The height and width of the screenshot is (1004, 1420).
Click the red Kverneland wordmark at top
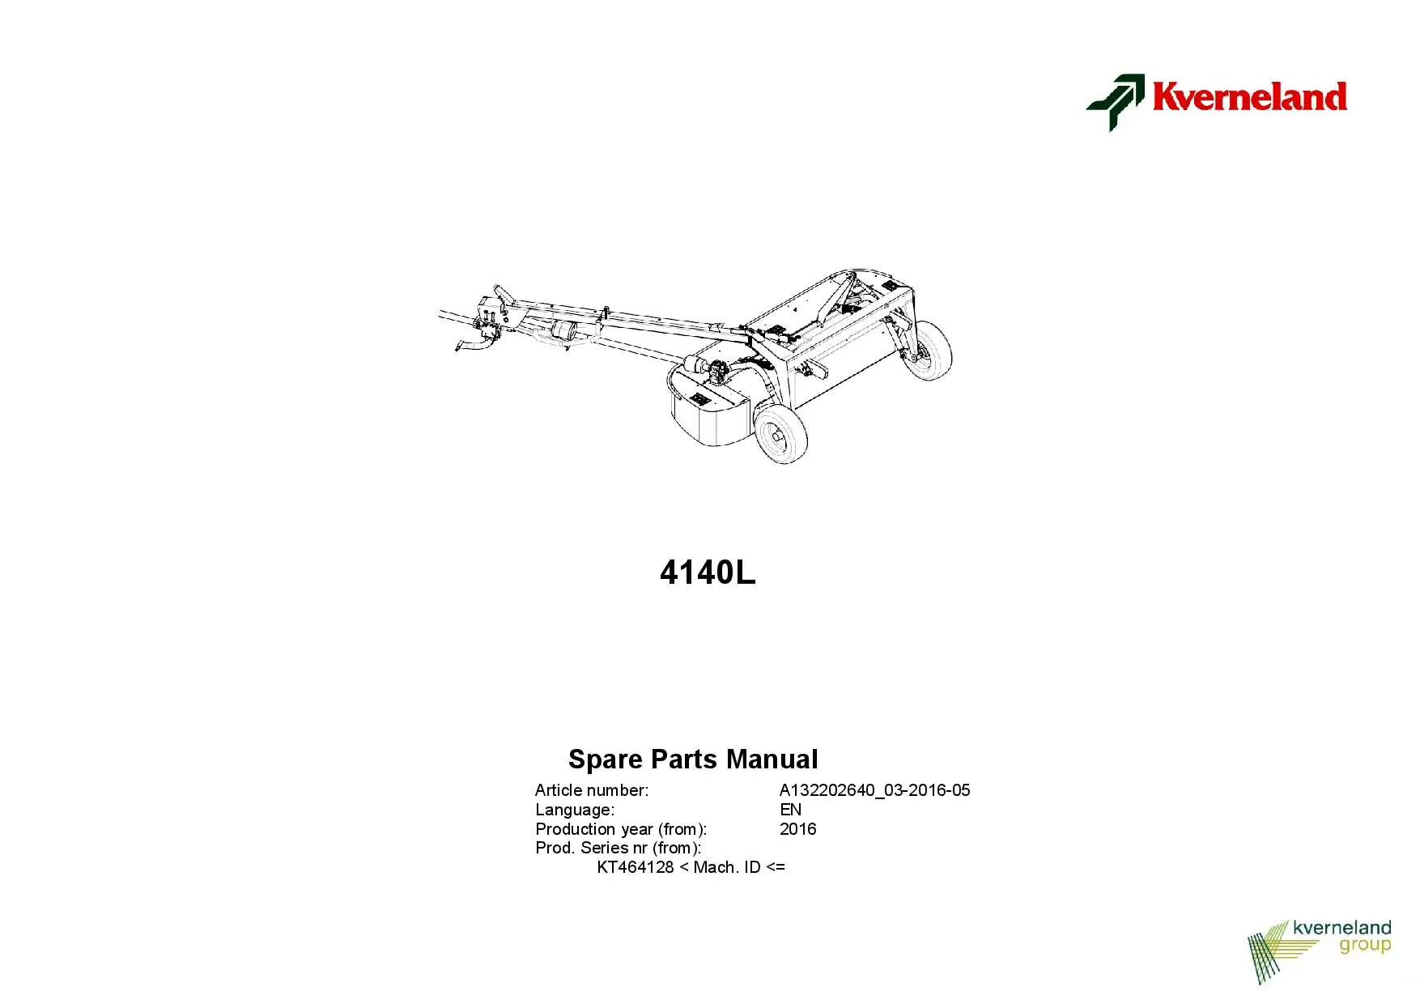click(x=1249, y=96)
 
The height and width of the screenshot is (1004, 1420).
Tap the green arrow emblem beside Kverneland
click(x=1116, y=102)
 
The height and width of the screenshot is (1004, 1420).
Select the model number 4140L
click(x=708, y=572)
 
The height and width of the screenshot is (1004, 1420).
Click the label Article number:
click(x=592, y=790)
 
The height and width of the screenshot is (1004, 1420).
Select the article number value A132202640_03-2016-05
click(x=874, y=790)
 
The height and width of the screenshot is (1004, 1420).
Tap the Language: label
click(x=575, y=810)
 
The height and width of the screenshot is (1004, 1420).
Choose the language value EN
click(x=790, y=810)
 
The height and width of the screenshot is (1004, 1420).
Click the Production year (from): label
click(x=621, y=829)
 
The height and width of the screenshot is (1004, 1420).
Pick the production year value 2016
click(x=797, y=829)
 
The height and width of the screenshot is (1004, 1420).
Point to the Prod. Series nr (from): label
click(x=618, y=848)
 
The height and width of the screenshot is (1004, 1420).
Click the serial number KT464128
click(x=636, y=867)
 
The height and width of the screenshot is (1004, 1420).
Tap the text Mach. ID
click(x=727, y=867)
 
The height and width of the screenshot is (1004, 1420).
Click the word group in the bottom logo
click(x=1365, y=946)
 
